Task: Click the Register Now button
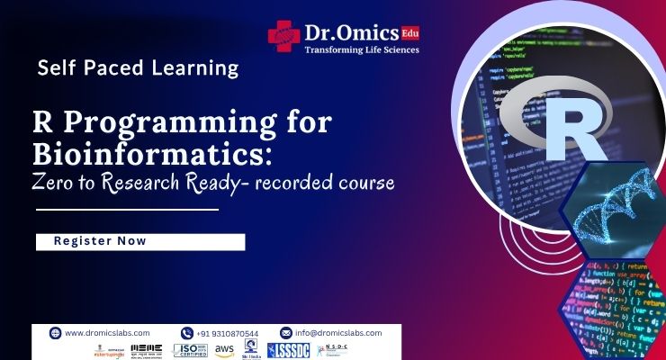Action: pos(139,241)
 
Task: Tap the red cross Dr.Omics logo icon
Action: pos(283,35)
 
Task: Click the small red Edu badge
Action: pos(410,33)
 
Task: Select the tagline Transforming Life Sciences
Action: pos(362,49)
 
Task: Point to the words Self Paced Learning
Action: pos(139,67)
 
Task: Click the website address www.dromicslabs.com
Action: pos(108,332)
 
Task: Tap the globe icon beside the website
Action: pos(55,332)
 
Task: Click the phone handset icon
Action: pos(187,332)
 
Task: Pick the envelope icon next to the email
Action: pos(286,332)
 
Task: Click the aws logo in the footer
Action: pos(224,349)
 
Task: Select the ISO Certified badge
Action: pos(189,349)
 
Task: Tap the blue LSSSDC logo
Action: pos(289,349)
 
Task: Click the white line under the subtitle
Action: pos(126,209)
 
